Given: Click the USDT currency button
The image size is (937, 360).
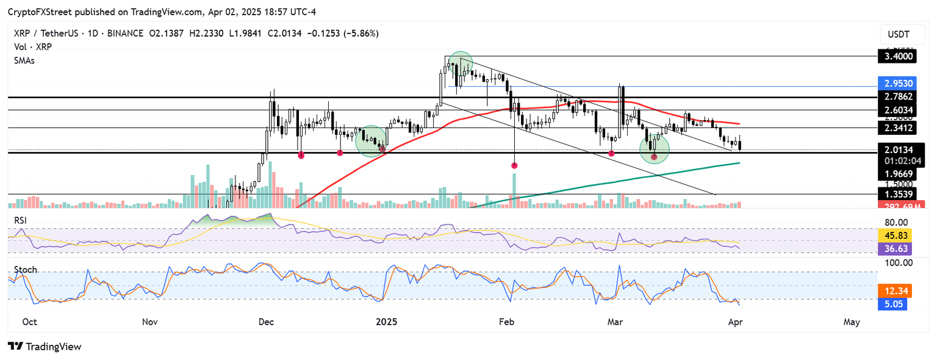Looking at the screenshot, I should click(898, 34).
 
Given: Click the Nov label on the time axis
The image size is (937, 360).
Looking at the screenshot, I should click(149, 322).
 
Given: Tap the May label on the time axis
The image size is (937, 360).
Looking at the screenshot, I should click(852, 322).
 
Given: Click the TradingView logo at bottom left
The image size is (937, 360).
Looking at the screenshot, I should click(44, 347).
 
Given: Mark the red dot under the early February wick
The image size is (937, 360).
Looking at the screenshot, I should click(514, 165).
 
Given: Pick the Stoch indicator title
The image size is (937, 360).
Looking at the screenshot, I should click(26, 270).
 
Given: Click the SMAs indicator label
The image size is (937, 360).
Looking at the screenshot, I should click(26, 61).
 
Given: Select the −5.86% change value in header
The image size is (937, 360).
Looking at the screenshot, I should click(362, 34).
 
